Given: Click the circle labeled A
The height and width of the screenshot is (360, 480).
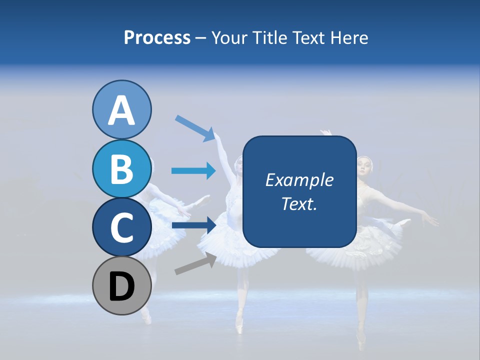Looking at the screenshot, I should coord(121,109).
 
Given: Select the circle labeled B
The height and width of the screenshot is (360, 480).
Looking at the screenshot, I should coord(121,168).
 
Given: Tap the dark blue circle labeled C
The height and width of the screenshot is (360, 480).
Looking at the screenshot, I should coord(121,227).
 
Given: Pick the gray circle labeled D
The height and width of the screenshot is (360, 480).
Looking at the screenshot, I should coord(121,285).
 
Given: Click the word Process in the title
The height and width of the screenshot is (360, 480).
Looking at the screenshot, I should coord(157,37).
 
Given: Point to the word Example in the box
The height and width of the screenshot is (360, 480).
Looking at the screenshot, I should coord(299,180).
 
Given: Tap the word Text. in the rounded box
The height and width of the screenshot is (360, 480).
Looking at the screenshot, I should coord(299,203).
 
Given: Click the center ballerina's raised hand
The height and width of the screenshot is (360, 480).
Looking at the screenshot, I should coord(219,135).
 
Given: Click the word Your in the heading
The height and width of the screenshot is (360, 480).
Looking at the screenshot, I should coord(230,37).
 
